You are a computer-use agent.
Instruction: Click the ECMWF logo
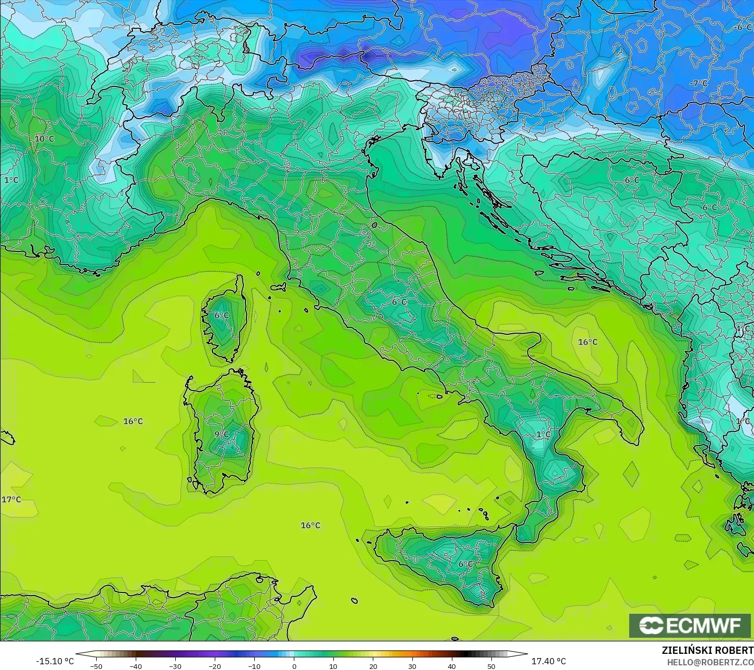click(x=690, y=625)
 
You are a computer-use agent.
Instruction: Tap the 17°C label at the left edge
click(x=11, y=500)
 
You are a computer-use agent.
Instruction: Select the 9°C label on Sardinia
click(x=222, y=434)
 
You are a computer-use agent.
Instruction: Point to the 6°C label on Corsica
click(x=222, y=315)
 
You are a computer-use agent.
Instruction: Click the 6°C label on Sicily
click(x=466, y=564)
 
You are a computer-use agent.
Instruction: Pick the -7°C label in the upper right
click(x=698, y=83)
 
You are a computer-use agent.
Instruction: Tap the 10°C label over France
click(x=44, y=139)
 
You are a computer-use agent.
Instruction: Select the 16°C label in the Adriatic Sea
click(x=588, y=342)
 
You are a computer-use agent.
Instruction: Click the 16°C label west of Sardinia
click(x=133, y=421)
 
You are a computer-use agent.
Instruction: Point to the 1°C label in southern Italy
click(x=543, y=434)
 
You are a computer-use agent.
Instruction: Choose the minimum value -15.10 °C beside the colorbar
click(x=55, y=661)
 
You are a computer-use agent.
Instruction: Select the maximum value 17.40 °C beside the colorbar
click(x=549, y=661)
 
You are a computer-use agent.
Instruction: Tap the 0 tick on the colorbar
click(x=294, y=666)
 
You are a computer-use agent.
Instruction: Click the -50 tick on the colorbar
click(x=96, y=666)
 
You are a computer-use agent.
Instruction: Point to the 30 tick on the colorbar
click(x=412, y=666)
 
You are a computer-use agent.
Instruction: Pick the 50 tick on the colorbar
click(x=491, y=666)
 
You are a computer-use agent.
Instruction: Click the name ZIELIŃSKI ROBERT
click(x=707, y=651)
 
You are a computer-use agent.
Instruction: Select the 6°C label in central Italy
click(x=399, y=302)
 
